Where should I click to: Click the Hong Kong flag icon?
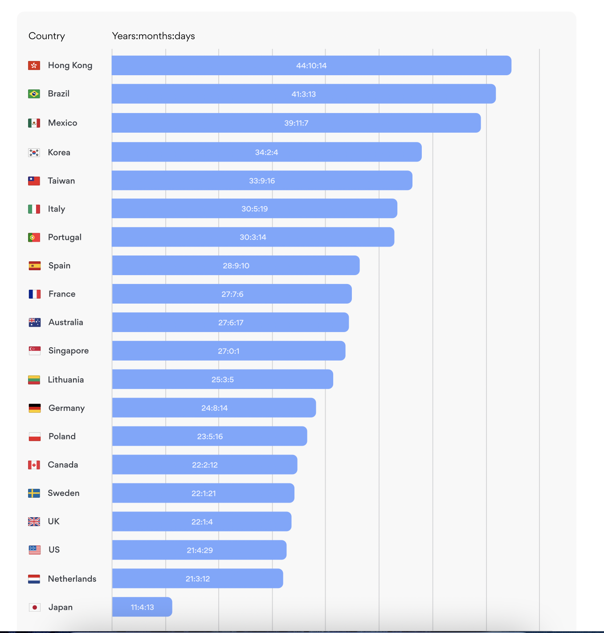34,65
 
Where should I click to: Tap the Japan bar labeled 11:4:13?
142,607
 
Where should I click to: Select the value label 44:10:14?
311,65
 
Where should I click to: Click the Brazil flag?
34,94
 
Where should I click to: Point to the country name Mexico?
62,123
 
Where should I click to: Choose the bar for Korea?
266,152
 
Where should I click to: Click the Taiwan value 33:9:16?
262,181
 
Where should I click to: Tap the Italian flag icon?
34,209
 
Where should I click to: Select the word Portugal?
65,237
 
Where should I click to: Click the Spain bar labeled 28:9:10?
236,266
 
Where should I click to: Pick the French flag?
34,294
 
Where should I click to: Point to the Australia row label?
65,322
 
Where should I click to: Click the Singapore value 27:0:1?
229,351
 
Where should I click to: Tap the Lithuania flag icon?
34,380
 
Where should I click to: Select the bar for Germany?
214,408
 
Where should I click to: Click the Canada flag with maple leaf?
34,465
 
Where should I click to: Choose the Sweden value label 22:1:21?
204,493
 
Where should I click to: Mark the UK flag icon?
34,522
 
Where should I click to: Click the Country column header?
47,36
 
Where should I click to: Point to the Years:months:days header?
153,36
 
